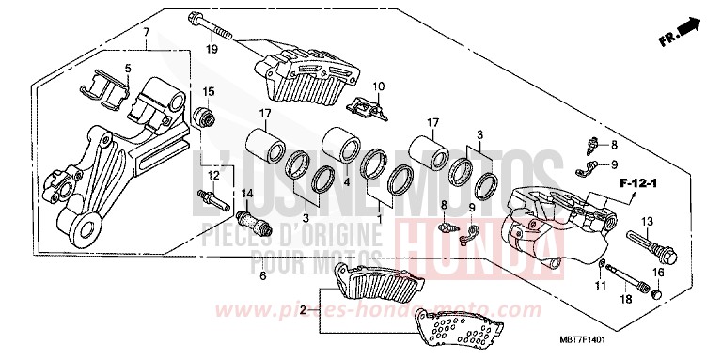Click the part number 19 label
coord(212,48)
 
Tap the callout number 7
coord(146,33)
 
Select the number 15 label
coord(209,91)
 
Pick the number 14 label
coord(249,194)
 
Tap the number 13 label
coord(621,221)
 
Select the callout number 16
coord(658,272)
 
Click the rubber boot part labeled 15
coord(200,117)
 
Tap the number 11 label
coord(598,285)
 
